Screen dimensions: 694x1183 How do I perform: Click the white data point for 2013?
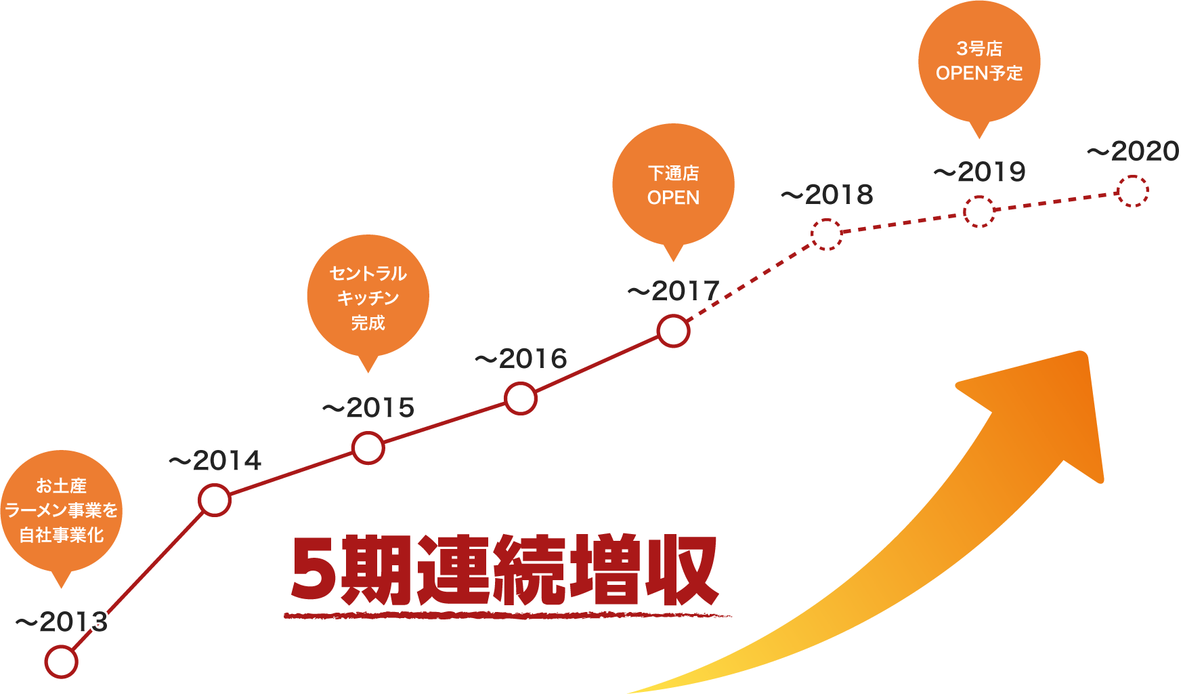coord(61,661)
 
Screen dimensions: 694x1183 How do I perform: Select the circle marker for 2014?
coord(215,500)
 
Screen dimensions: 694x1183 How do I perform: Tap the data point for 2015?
coord(368,448)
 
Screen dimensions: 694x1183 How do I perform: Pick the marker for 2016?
coord(521,398)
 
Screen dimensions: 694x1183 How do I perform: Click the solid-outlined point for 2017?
coord(673,331)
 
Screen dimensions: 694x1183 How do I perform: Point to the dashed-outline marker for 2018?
coord(826,234)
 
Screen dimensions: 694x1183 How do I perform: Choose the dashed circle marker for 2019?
coord(979,211)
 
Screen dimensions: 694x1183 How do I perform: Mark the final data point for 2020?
coord(1133,191)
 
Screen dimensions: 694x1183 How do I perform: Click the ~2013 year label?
coord(61,622)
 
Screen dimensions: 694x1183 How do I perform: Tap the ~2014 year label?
coord(215,461)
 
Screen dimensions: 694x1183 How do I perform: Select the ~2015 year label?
coord(368,407)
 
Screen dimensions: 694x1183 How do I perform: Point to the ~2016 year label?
coord(521,359)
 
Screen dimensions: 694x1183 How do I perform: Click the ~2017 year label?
coord(673,291)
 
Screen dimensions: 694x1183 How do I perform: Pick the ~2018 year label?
coord(827,195)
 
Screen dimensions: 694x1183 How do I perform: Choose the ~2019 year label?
coord(979,172)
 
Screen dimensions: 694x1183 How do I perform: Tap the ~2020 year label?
coord(1133,151)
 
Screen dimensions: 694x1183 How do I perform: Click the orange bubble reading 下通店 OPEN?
coord(673,185)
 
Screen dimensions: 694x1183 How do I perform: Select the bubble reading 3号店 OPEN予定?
coord(979,61)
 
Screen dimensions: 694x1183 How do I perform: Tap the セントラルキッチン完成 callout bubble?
coord(368,297)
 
